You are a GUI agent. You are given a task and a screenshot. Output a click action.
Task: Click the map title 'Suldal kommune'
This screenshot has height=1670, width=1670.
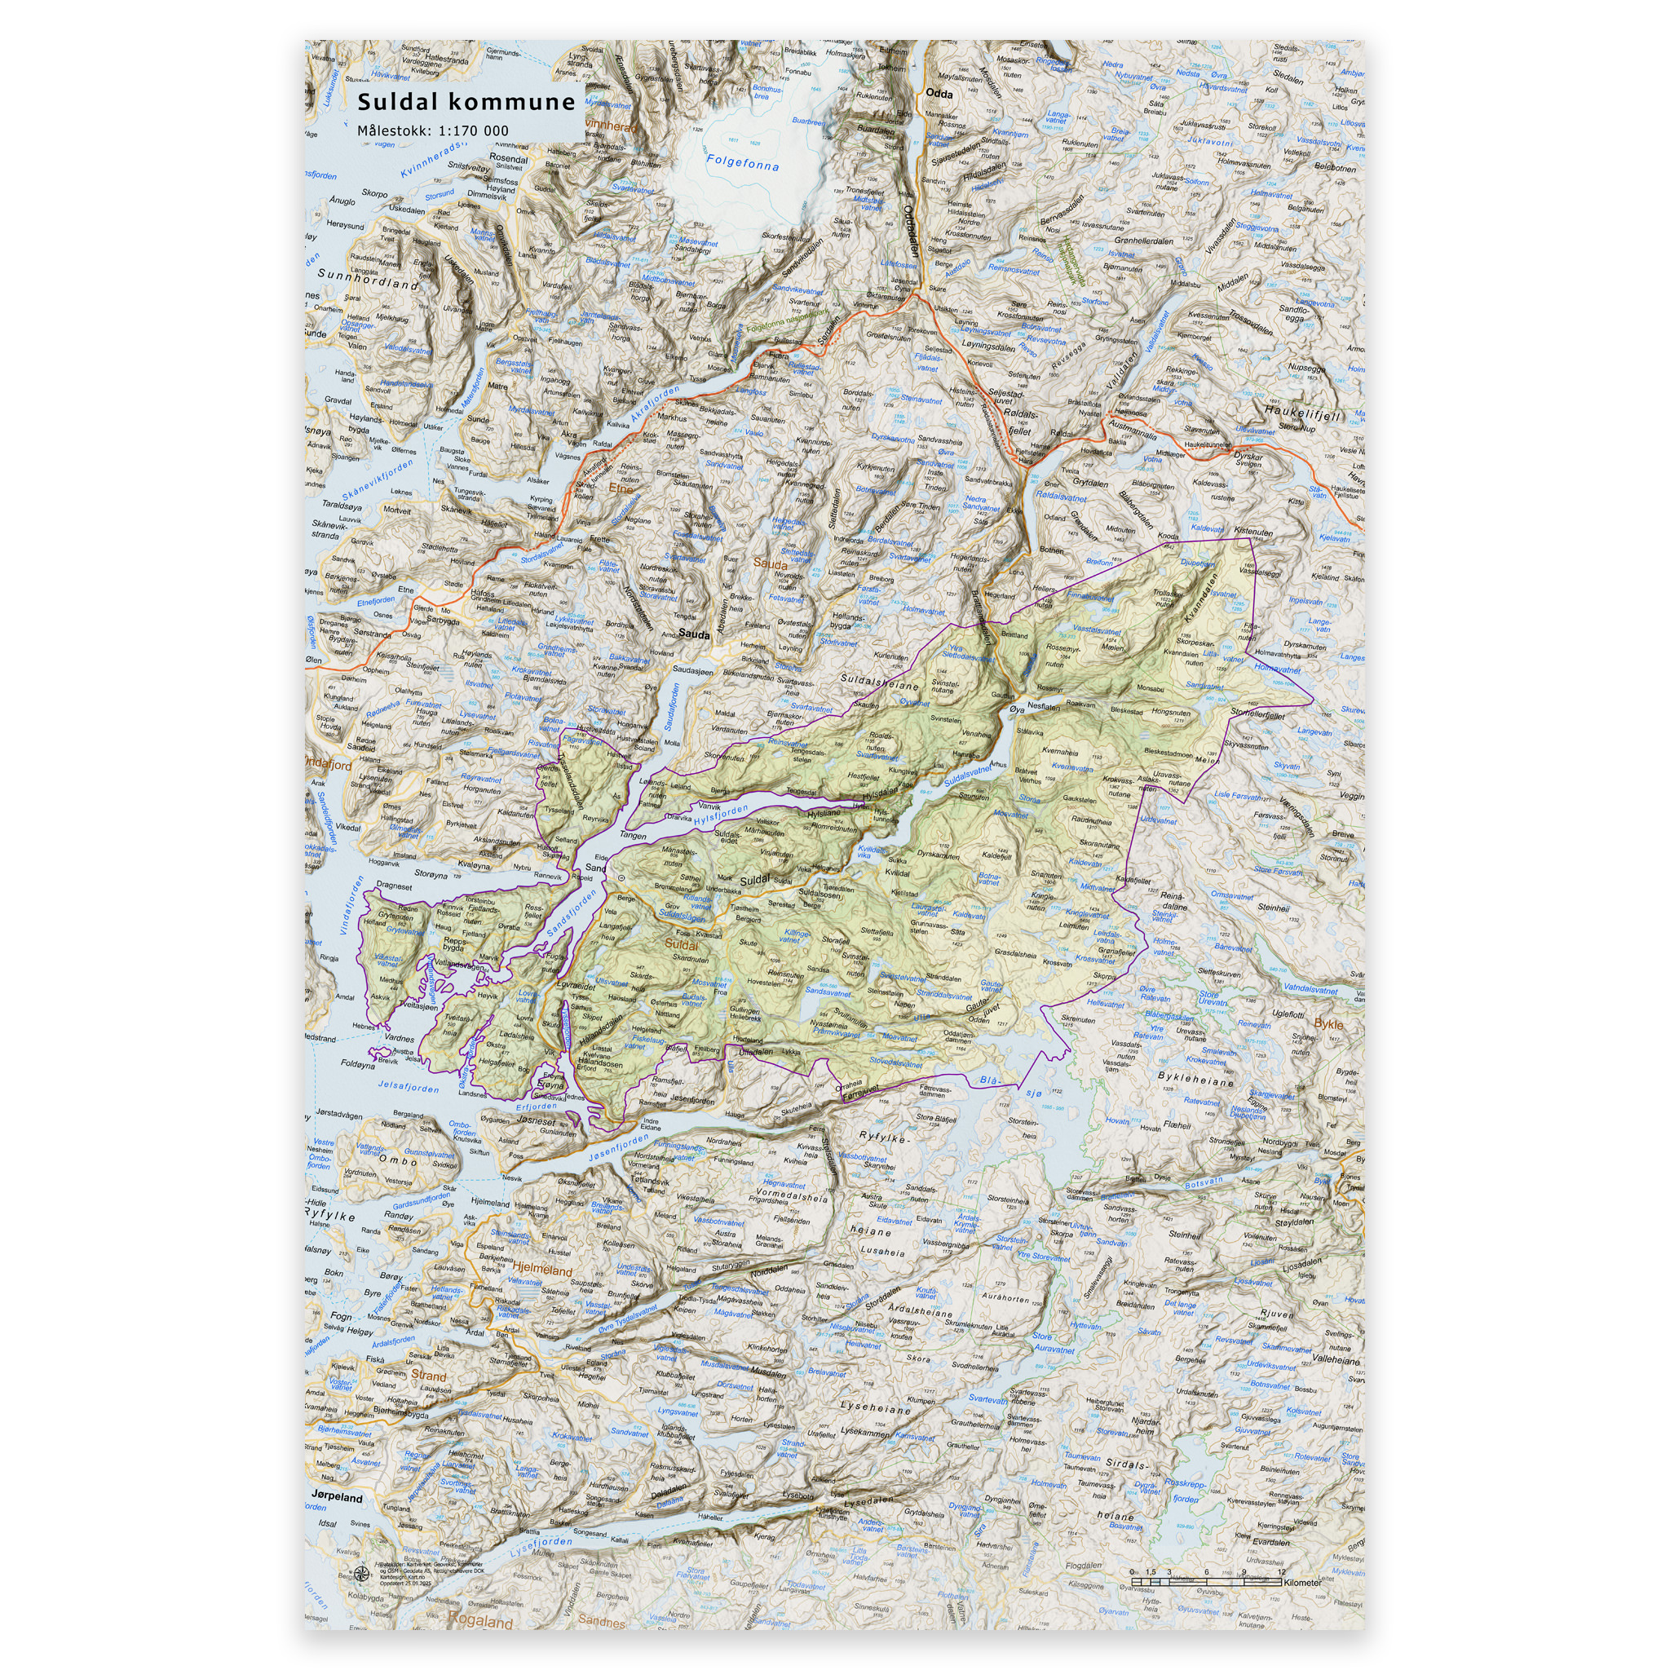click(466, 102)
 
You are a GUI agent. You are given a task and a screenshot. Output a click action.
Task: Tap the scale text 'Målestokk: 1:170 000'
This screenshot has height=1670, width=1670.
click(433, 131)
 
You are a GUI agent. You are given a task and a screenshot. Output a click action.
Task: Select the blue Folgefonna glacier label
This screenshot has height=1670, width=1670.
click(743, 161)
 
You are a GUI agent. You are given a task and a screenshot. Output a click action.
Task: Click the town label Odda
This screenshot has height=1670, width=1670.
click(939, 93)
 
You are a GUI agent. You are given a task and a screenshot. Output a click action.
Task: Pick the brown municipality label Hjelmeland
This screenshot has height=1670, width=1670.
click(543, 1270)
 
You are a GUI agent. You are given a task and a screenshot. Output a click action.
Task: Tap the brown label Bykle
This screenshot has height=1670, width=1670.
click(1328, 1023)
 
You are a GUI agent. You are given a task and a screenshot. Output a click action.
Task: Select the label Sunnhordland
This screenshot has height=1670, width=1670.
click(369, 277)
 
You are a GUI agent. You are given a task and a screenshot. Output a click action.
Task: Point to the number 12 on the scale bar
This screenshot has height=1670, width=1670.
click(1281, 1571)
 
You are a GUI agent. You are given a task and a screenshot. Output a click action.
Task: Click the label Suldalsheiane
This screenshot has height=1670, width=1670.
click(880, 682)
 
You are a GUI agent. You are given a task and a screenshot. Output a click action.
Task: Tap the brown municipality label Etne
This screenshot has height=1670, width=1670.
click(621, 488)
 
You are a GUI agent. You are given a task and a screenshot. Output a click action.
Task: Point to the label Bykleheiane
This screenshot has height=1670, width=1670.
click(1195, 1080)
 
